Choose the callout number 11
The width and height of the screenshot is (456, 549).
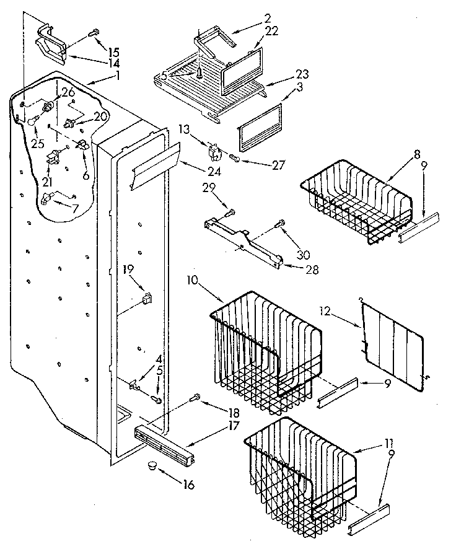pyautogui.click(x=388, y=444)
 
